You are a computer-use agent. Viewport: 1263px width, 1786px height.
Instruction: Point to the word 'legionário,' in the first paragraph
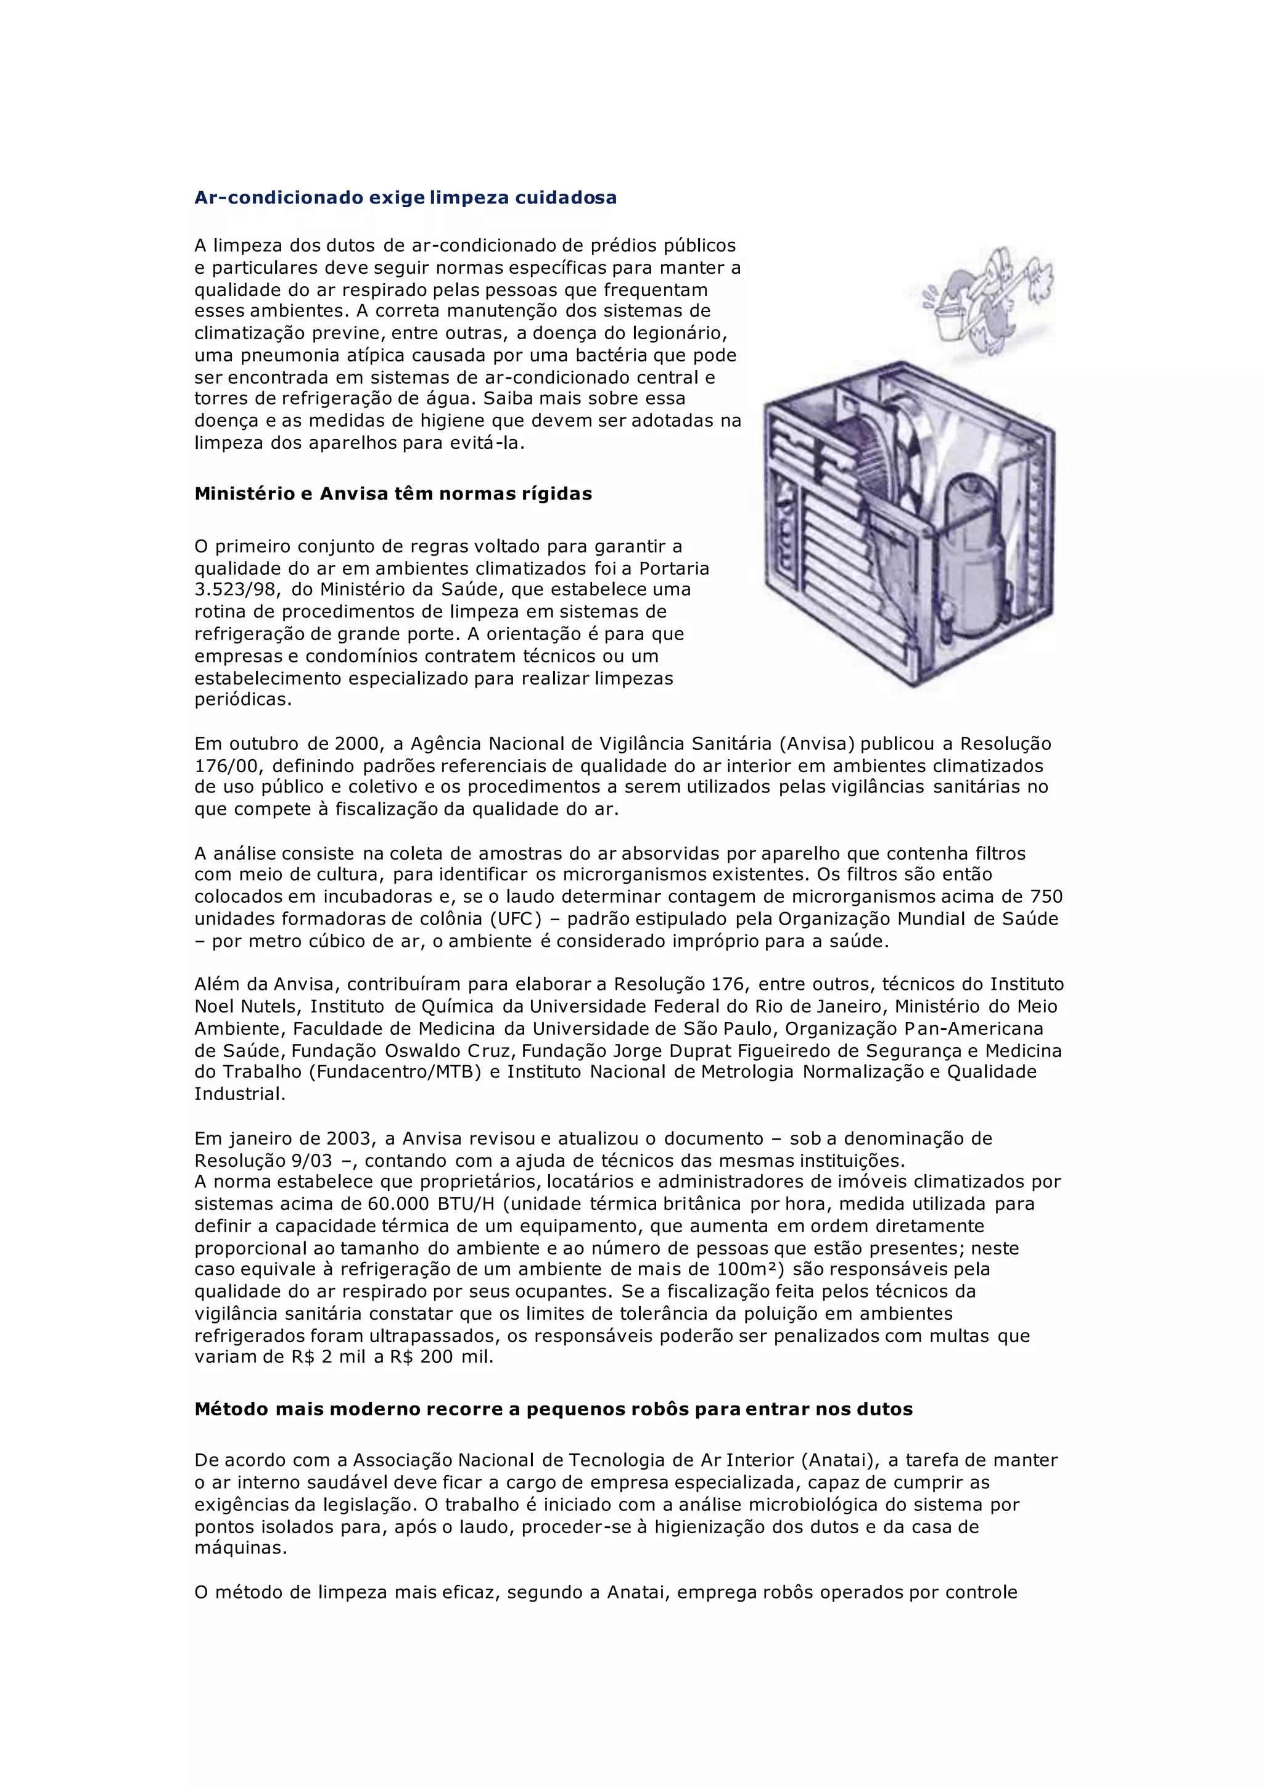pyautogui.click(x=680, y=334)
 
